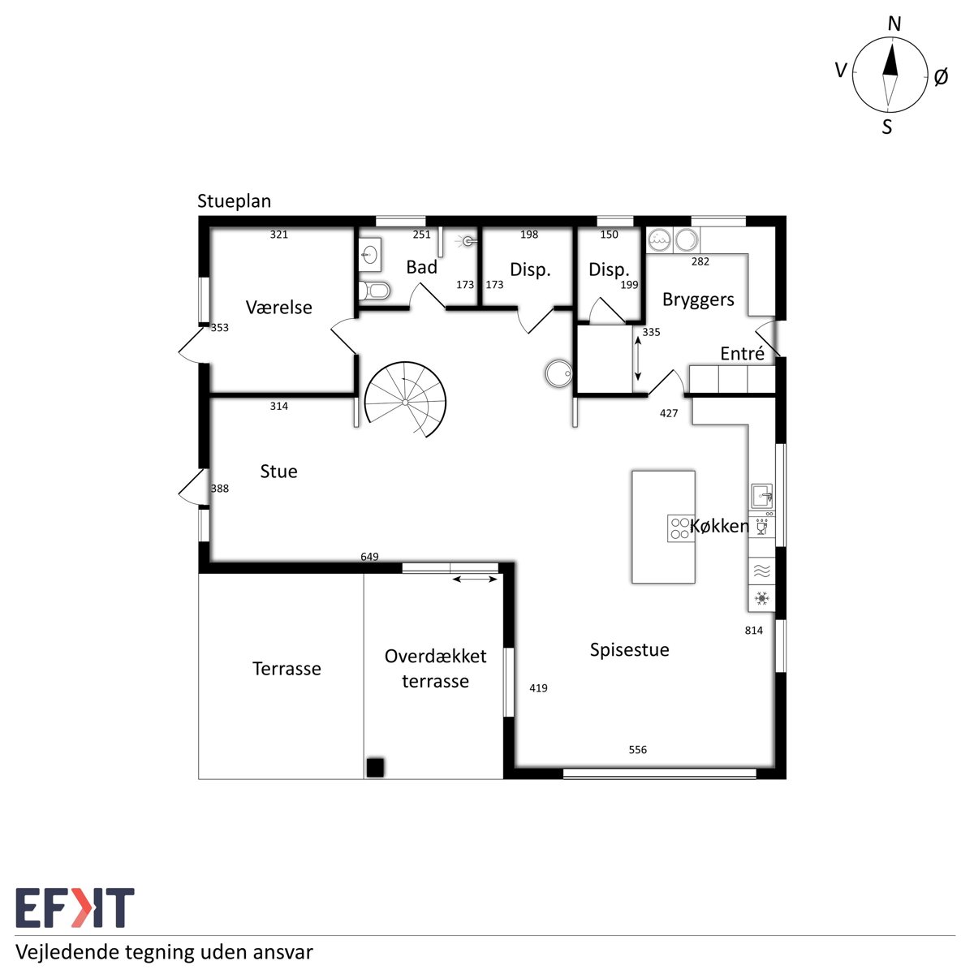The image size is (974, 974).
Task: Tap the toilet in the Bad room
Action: point(374,291)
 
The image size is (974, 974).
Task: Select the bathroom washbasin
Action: point(370,255)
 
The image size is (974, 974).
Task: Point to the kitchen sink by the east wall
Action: point(761,496)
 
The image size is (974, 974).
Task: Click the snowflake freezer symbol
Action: point(761,598)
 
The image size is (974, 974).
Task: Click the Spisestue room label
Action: point(629,650)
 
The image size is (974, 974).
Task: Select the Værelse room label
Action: point(279,308)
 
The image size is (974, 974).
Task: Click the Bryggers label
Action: point(698,300)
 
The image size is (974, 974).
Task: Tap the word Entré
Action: point(742,353)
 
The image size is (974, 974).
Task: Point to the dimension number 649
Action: point(369,557)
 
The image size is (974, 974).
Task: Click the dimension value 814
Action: point(753,631)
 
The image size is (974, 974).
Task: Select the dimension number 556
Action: point(637,750)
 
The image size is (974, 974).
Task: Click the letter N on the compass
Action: point(894,24)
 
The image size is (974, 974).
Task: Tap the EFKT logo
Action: point(75,907)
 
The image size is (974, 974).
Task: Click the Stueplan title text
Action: point(234,201)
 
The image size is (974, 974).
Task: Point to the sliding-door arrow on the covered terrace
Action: point(475,580)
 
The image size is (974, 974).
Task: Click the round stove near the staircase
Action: point(559,373)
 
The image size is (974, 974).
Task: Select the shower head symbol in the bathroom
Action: point(468,242)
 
